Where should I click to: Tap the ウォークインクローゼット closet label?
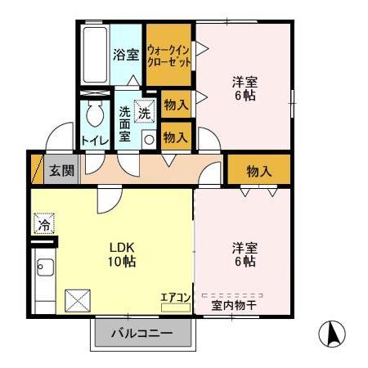pyautogui.click(x=169, y=55)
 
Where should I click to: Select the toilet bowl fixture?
pyautogui.click(x=93, y=115)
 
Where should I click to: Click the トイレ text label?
pyautogui.click(x=95, y=140)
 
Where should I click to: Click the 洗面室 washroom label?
pyautogui.click(x=125, y=123)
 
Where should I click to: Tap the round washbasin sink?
pyautogui.click(x=148, y=140)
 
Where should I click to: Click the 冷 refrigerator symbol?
pyautogui.click(x=43, y=222)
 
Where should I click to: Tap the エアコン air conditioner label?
pyautogui.click(x=175, y=298)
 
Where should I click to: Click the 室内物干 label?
pyautogui.click(x=234, y=306)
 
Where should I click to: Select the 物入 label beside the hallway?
pyautogui.click(x=258, y=171)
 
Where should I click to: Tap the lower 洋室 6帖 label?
pyautogui.click(x=245, y=254)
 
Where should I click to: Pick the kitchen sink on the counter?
pyautogui.click(x=44, y=267)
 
